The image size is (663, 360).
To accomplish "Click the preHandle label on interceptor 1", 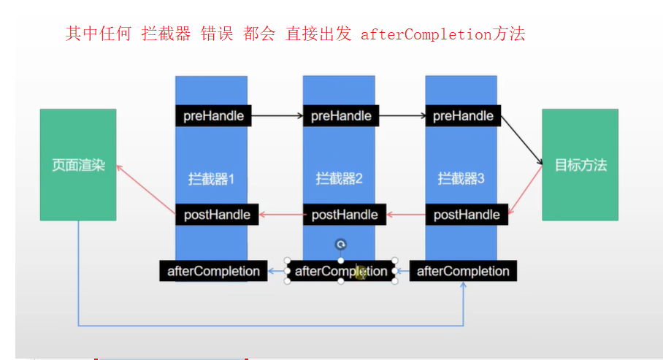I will point(213,115).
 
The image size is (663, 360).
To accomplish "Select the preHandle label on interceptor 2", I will point(341,115).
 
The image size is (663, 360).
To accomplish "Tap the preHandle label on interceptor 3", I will point(463,115).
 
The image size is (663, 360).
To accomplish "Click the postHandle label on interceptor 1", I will point(218,215).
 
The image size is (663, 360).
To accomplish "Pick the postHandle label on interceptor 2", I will point(345,215).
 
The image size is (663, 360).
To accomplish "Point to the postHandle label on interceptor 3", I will point(467,215).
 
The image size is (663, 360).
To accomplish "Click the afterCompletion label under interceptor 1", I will point(213,271).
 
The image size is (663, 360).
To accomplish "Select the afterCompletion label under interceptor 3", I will point(463,271).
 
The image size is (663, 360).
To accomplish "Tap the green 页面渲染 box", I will point(78,165).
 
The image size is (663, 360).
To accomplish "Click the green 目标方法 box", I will point(580,165).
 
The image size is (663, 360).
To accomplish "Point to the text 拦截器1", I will point(212,178).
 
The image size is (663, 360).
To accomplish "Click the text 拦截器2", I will point(339,178).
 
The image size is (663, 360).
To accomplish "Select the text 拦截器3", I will point(461,178).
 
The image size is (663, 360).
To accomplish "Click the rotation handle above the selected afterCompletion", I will point(340,245).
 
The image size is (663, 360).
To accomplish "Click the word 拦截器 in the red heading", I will point(166,34).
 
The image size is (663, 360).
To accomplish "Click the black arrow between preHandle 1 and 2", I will point(277,115).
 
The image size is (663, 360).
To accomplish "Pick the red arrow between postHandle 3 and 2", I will point(405,215).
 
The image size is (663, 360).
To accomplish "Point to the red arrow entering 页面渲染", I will point(145,188).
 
